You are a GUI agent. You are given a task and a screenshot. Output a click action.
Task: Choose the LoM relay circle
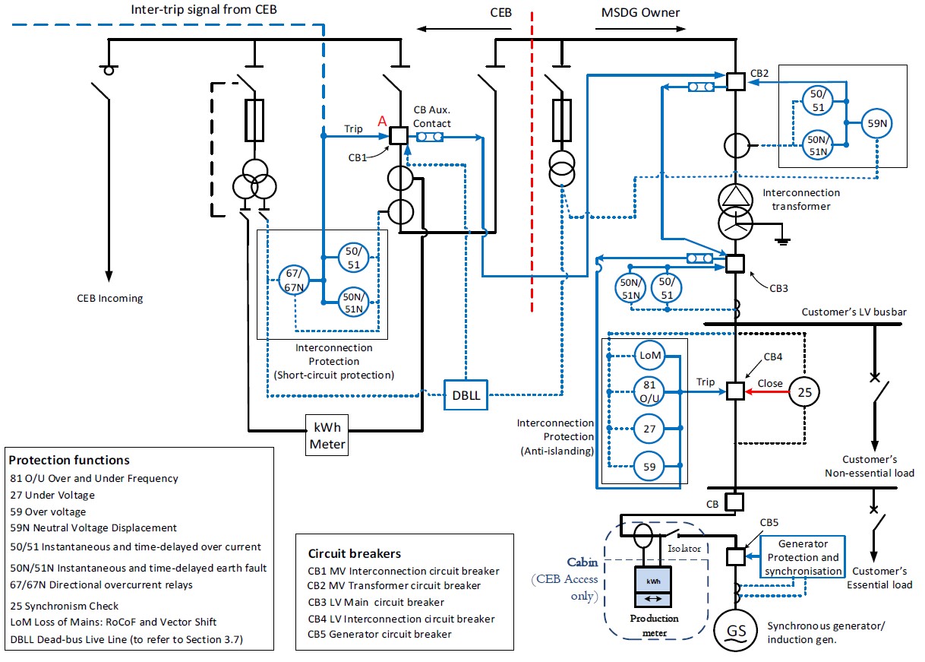(x=649, y=356)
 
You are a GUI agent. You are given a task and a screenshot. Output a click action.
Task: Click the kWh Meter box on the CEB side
(x=327, y=435)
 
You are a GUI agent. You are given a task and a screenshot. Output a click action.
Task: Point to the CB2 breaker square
(x=735, y=81)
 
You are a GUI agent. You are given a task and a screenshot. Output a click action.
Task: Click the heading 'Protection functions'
(x=69, y=461)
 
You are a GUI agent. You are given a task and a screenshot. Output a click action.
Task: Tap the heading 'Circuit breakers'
(x=355, y=553)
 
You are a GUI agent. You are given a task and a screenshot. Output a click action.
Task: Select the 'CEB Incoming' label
(x=109, y=299)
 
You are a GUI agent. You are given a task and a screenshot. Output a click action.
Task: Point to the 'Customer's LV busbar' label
(x=854, y=312)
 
